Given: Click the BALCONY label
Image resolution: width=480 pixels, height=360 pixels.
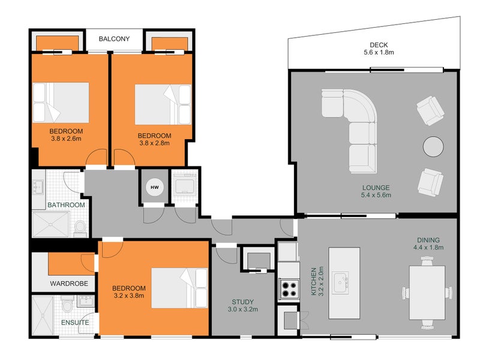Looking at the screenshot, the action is click(x=114, y=39).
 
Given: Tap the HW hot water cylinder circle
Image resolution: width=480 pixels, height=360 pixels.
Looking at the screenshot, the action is click(x=155, y=187).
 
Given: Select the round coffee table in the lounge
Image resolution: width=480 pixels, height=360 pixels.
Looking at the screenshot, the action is click(x=433, y=146).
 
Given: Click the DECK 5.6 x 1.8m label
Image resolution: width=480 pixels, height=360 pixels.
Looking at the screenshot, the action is click(x=379, y=49).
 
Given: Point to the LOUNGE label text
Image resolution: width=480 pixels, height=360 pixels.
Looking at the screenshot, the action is click(x=376, y=188).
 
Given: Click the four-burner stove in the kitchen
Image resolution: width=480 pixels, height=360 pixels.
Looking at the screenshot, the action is click(x=289, y=289).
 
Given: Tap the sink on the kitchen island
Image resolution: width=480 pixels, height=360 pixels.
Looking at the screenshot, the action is click(x=341, y=282).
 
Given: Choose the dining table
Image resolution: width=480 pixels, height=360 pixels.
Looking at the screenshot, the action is click(x=427, y=293).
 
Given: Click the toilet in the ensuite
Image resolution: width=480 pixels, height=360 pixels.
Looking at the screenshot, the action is click(x=67, y=304).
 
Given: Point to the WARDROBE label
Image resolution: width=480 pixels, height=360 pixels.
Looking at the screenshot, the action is click(x=69, y=284).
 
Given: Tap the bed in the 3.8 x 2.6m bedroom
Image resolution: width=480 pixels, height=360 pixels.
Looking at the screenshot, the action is click(x=61, y=103).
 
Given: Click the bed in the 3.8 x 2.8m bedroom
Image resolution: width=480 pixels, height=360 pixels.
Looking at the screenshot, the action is click(x=163, y=104).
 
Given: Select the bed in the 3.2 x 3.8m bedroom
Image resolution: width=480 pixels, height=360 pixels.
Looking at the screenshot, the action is click(x=179, y=288).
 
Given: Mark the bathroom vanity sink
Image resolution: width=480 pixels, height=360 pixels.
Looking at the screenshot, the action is click(x=38, y=187).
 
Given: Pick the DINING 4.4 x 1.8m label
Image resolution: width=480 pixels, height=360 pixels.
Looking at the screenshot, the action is click(x=428, y=244).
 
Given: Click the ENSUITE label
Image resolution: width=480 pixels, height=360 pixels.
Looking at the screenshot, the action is click(x=75, y=323).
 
